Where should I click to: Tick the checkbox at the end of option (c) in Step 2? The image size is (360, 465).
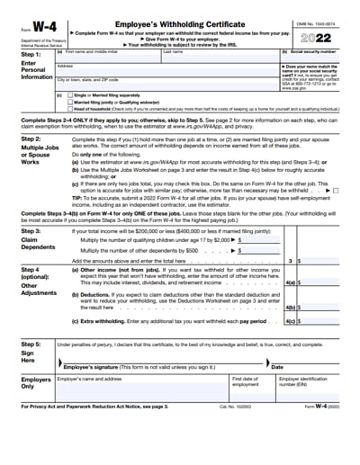click(x=335, y=191)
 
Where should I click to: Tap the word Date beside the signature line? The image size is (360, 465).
click(x=277, y=367)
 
